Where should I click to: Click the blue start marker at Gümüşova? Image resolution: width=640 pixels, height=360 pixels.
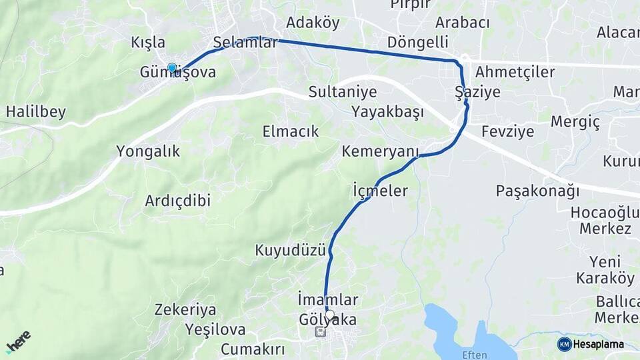click(x=172, y=68)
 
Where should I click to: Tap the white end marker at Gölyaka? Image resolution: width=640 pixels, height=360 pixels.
click(x=329, y=315)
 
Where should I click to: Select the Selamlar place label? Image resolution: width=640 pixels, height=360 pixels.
click(x=245, y=43)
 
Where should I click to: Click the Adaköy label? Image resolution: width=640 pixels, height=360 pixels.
click(x=313, y=23)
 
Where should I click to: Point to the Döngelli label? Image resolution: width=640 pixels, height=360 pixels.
click(x=417, y=43)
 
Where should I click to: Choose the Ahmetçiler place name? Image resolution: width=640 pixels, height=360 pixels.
click(x=515, y=72)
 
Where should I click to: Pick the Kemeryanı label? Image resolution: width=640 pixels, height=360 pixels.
click(x=379, y=151)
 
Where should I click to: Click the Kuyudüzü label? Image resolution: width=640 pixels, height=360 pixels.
click(x=290, y=251)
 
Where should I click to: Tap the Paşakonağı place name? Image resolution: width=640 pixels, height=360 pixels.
click(x=537, y=191)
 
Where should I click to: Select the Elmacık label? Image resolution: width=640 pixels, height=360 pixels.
click(x=291, y=131)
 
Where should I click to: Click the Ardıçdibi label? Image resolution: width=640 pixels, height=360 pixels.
click(x=178, y=200)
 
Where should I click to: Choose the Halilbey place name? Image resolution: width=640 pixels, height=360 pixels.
click(x=36, y=111)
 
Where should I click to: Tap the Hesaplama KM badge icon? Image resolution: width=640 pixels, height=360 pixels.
click(x=565, y=344)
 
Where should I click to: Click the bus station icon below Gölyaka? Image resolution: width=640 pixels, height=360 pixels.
click(x=321, y=332)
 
